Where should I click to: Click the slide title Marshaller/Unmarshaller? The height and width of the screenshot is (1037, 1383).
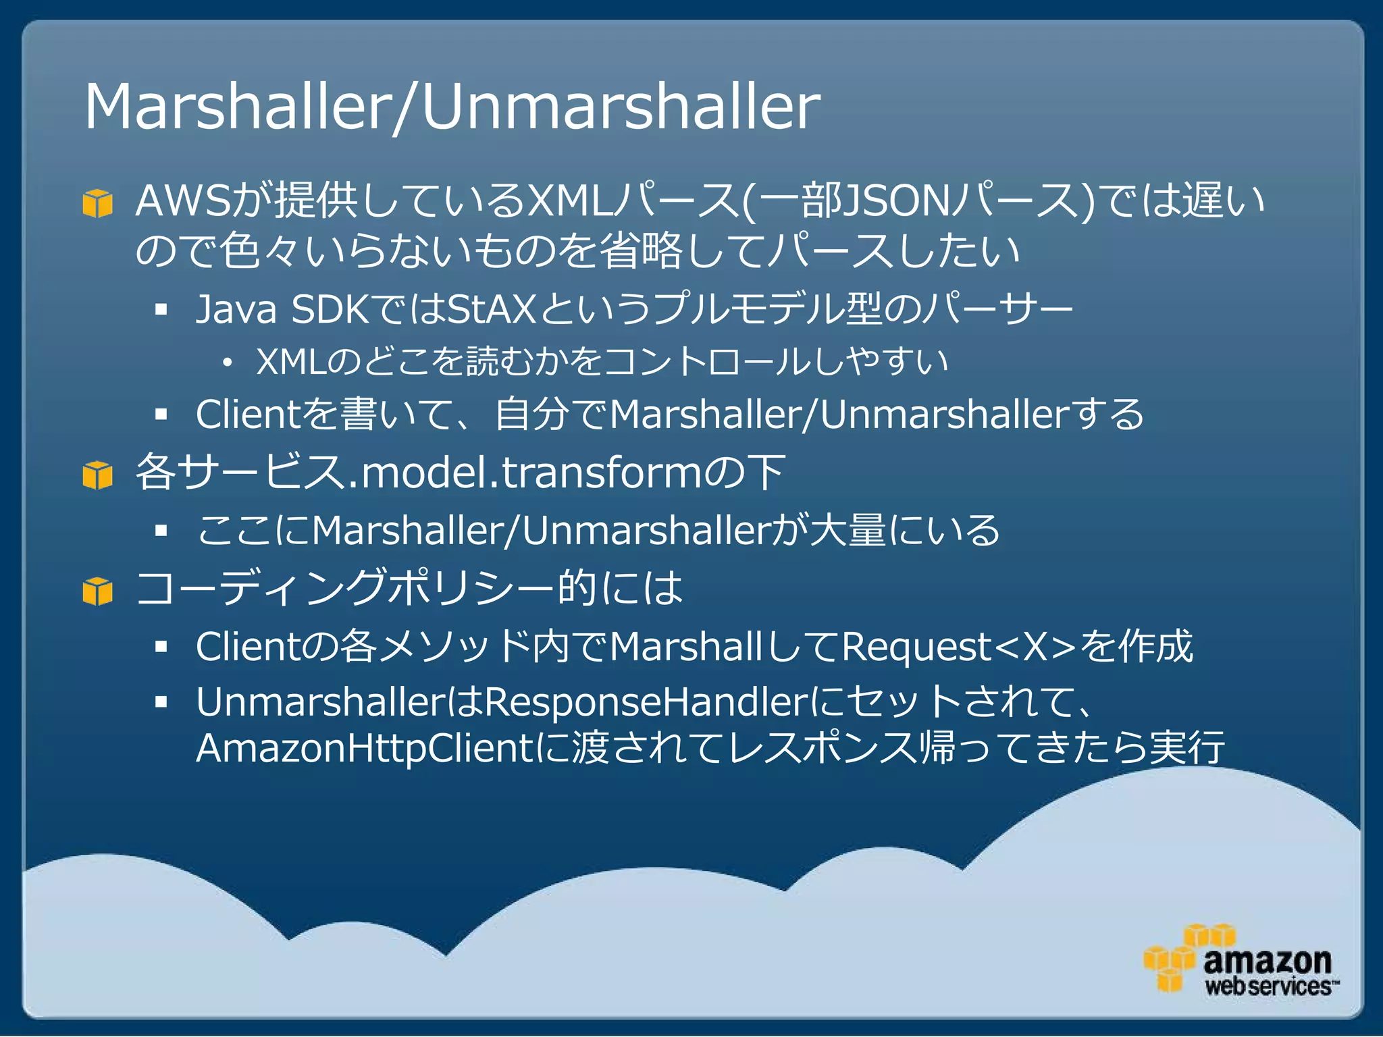451,107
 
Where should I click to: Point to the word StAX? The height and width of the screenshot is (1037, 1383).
492,309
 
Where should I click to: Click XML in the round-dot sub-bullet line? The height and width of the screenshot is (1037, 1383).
292,361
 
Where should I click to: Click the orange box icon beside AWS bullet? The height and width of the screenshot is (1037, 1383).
97,203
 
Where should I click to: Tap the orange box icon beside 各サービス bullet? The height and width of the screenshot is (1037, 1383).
97,475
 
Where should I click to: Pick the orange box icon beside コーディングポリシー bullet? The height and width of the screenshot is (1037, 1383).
97,591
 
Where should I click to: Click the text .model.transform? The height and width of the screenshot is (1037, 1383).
523,473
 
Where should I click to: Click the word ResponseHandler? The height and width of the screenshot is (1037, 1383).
646,702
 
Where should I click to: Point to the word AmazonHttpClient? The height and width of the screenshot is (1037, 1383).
365,749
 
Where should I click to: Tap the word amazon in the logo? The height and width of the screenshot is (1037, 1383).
1267,961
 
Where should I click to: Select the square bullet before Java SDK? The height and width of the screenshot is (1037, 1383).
161,310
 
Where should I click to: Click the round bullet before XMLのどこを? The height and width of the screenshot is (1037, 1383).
228,363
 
